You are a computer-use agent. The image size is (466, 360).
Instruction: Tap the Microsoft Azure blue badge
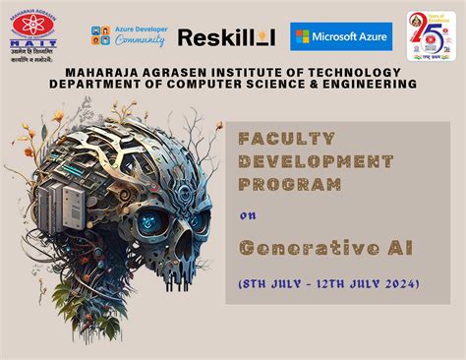(x=341, y=36)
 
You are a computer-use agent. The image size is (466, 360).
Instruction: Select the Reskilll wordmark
(x=226, y=37)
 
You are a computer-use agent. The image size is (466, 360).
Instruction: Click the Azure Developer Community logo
(x=127, y=37)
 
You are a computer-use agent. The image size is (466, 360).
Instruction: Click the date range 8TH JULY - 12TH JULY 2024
(x=329, y=283)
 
